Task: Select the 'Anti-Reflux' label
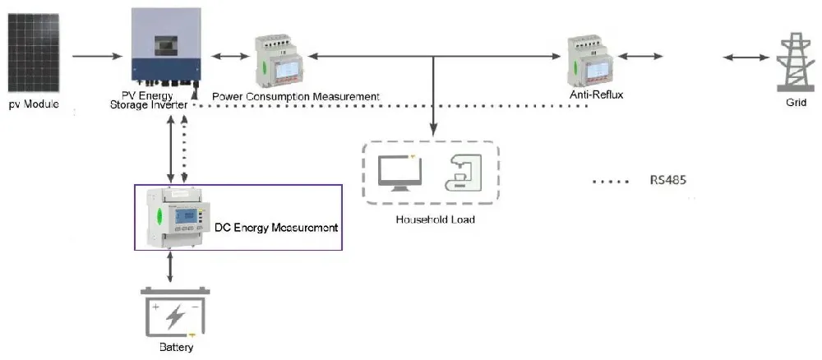point(596,95)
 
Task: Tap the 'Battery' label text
point(176,348)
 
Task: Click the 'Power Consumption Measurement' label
point(296,97)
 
